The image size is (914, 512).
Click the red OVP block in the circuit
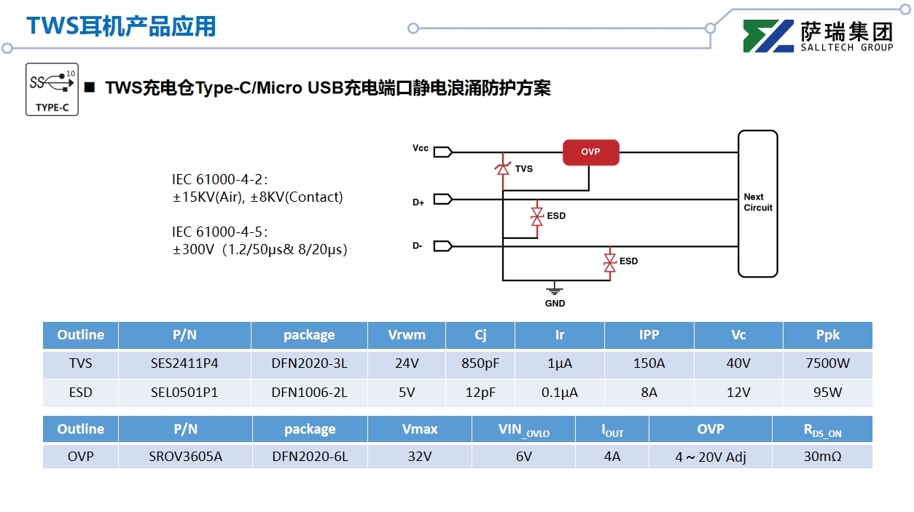tap(590, 152)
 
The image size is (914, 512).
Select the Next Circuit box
tap(757, 203)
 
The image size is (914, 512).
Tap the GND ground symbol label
tap(555, 303)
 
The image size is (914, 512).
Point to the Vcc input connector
tap(442, 151)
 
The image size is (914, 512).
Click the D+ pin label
tap(418, 202)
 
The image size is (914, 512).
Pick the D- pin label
tap(418, 246)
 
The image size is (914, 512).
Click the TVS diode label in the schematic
tap(523, 169)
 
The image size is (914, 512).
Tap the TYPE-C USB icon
tap(52, 89)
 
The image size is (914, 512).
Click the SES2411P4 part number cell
tap(184, 363)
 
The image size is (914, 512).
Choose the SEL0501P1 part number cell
tap(184, 393)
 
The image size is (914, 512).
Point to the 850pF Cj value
tap(480, 363)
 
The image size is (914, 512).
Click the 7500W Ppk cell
tap(827, 363)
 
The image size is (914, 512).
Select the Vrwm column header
tap(406, 335)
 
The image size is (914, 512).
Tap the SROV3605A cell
tap(184, 457)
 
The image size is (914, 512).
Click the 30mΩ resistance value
tap(822, 457)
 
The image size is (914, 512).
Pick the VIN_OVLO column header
tap(523, 430)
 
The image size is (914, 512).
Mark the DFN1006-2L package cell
tap(309, 393)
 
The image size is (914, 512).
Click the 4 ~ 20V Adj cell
tap(710, 457)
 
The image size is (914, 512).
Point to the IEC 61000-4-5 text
tap(219, 232)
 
